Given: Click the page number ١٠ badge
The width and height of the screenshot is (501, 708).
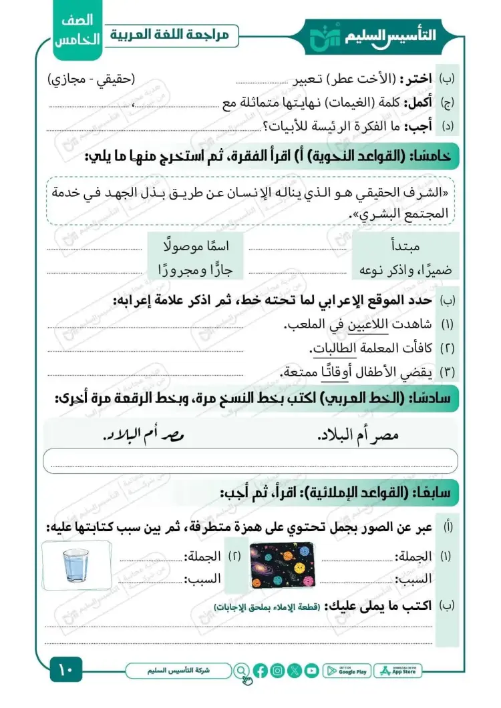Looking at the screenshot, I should coord(65,669).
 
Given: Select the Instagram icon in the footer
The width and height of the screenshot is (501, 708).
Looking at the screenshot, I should coord(278,671).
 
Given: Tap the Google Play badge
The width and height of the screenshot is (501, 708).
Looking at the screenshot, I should coord(347,671).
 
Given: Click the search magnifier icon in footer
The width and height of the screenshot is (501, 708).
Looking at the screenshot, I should coord(241,671).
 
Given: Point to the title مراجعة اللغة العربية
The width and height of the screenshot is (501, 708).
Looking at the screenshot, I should coord(172,35).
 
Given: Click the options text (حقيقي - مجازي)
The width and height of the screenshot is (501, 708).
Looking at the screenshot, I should coord(92,79).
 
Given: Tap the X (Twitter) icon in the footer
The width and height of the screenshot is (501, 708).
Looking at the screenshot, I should coord(295,671).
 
